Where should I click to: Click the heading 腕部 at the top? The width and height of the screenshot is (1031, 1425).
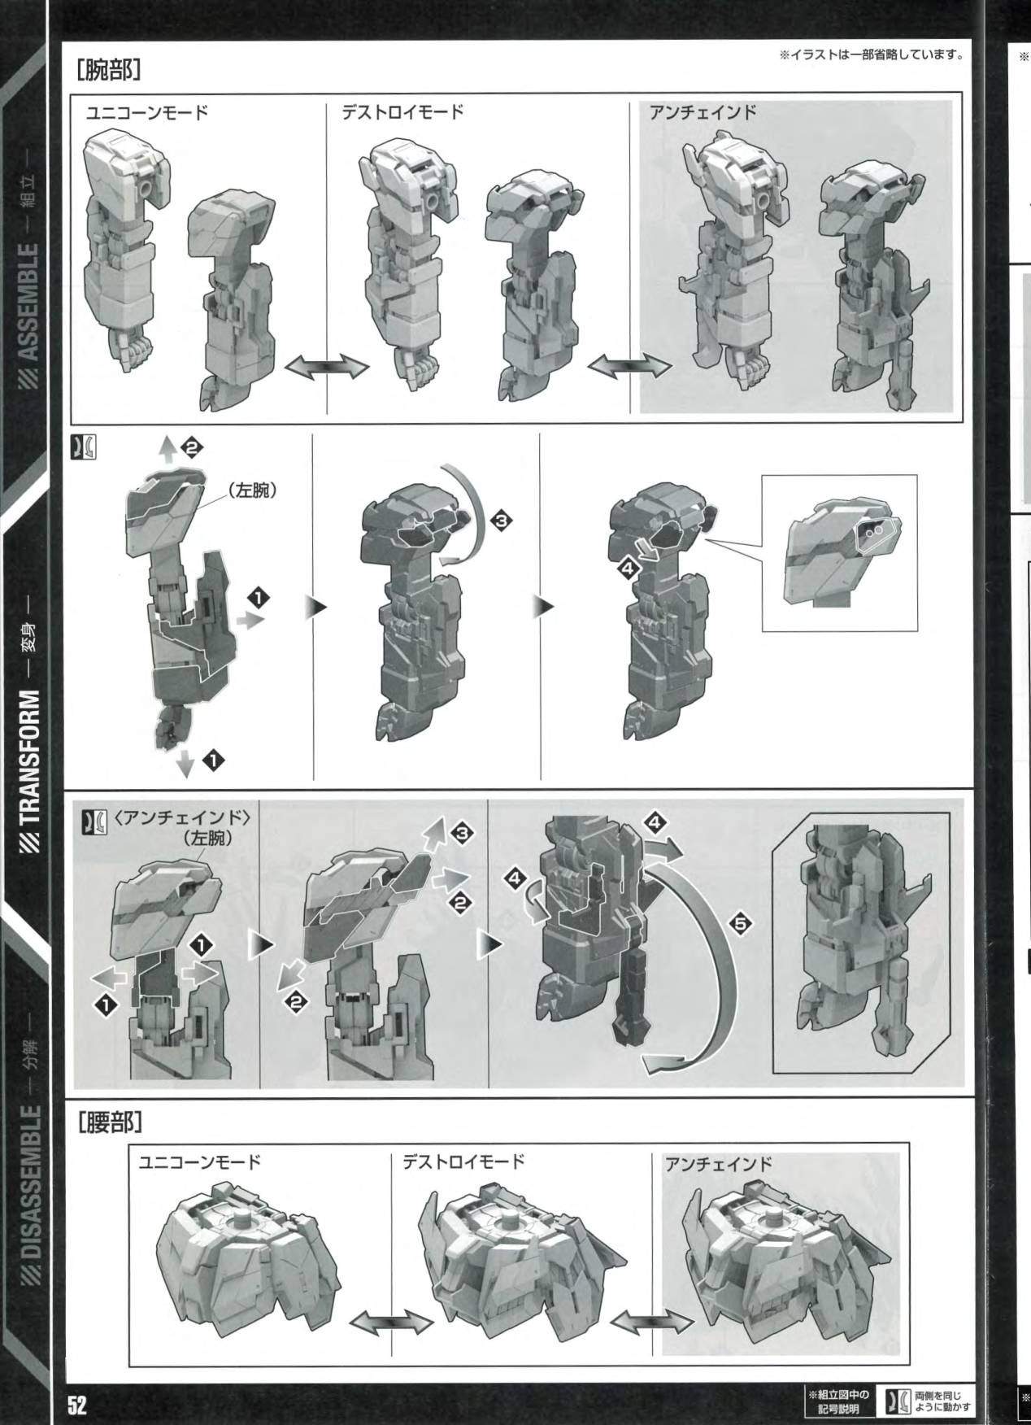point(110,70)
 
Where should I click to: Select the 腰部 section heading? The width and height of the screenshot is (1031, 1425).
point(110,1123)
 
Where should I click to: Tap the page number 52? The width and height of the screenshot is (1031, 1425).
point(77,1405)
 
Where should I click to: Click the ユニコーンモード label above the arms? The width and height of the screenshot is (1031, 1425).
point(147,112)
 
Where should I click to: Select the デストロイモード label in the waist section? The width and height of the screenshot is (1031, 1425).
point(463,1160)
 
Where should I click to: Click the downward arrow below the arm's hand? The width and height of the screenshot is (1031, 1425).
point(185,763)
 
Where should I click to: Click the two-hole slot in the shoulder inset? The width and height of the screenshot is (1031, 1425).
point(874,529)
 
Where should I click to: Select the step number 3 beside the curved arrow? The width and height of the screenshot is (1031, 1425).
point(501,521)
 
